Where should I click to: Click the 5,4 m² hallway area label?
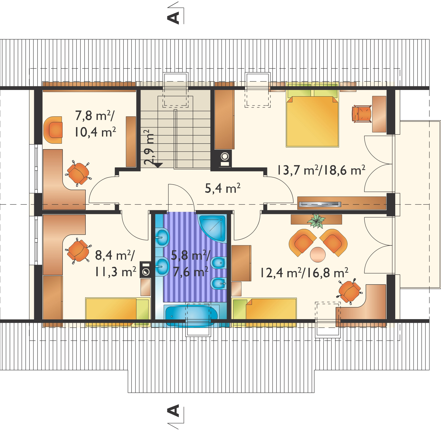coord(222,188)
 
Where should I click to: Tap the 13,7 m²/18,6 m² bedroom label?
coord(321,170)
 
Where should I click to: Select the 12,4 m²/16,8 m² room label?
coord(304,273)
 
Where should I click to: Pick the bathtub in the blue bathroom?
coord(191,316)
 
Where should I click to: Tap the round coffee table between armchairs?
coord(318,254)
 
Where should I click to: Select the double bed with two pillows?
coord(312,118)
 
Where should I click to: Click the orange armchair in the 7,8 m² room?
coord(53,130)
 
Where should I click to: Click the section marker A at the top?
coord(174,17)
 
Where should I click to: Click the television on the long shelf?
coord(320,204)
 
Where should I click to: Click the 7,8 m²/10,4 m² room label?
coord(95,124)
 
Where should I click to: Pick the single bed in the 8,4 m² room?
coord(117,312)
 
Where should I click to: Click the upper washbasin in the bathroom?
coord(163,237)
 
